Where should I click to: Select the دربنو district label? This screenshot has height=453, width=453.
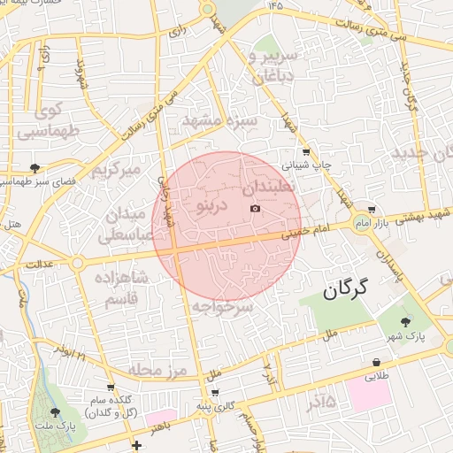coord(212,206)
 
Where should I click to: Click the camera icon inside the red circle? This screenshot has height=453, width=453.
coord(256,209)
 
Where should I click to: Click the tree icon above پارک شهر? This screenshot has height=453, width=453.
coord(406,321)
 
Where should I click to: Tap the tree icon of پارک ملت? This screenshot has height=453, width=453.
coord(55,412)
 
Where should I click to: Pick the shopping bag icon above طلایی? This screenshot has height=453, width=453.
coord(378,363)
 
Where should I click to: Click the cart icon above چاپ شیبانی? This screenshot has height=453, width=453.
coord(306,151)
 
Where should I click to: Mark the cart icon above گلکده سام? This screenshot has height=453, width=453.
coord(111,388)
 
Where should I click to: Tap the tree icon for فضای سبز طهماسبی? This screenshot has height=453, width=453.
coord(35,167)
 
